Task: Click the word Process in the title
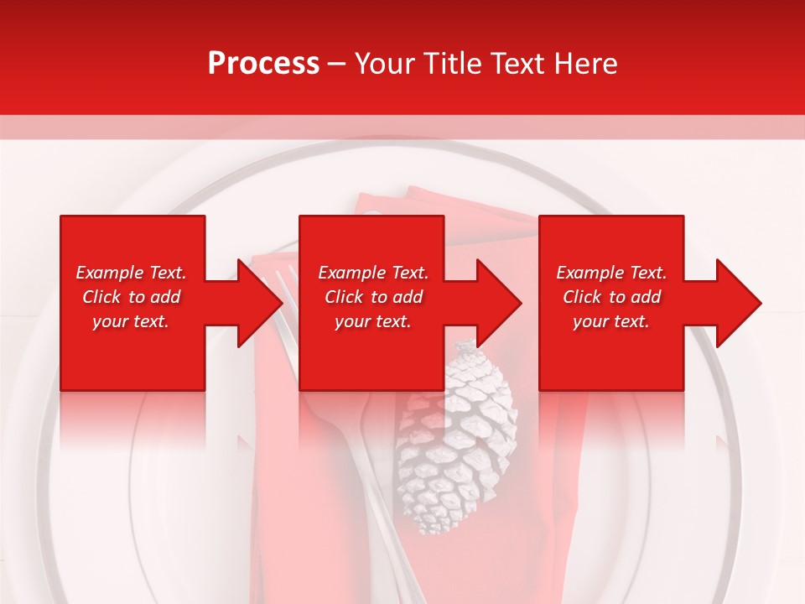point(263,64)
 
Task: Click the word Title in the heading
point(450,64)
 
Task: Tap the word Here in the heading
point(586,64)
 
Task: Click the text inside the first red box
point(132,297)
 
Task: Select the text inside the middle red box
point(372,297)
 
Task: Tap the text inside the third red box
point(610,297)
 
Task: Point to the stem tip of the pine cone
point(461,346)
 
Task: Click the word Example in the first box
point(109,273)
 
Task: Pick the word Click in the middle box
point(342,297)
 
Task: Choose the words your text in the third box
point(610,321)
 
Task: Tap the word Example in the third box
point(589,273)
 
